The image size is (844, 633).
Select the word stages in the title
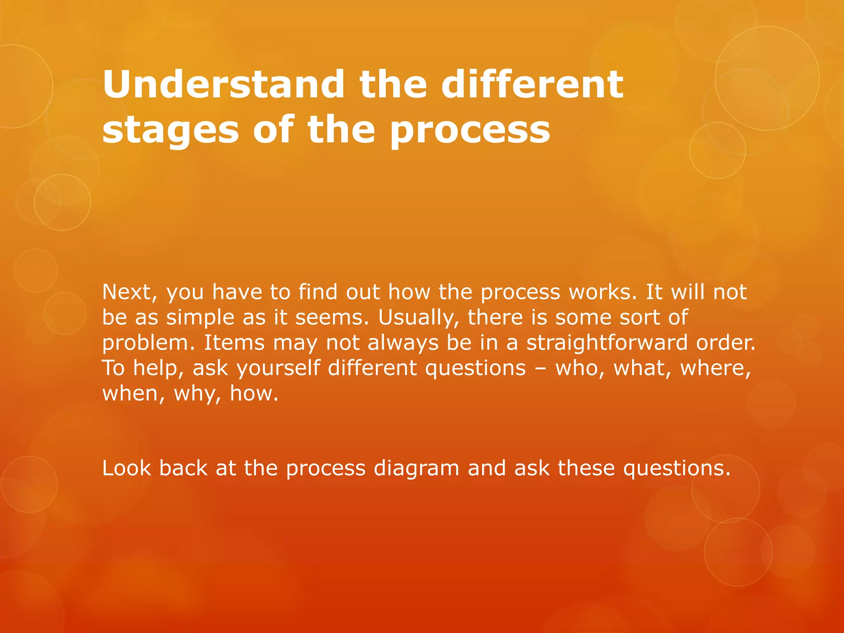(171, 131)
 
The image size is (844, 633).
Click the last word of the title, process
(470, 131)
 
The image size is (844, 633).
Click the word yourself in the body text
(278, 368)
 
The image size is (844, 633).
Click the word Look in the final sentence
(127, 468)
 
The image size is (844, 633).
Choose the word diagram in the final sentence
(416, 469)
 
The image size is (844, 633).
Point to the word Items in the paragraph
(234, 343)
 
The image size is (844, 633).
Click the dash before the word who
(540, 369)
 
